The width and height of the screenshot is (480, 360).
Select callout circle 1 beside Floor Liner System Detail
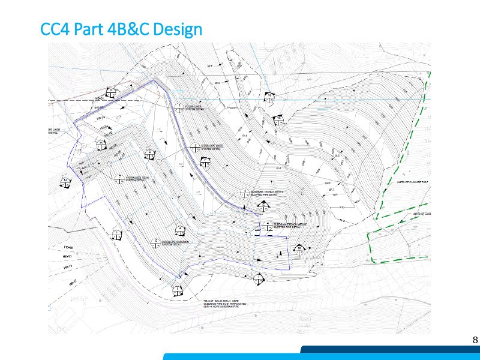pos(178,107)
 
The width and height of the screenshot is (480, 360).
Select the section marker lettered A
pos(181,231)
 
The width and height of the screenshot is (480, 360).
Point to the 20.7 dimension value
pos(210,65)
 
